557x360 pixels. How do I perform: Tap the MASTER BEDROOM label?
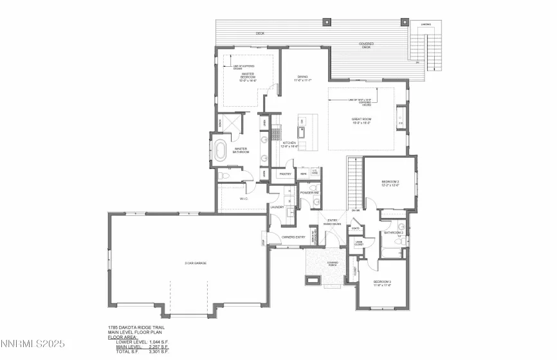[x=248, y=78]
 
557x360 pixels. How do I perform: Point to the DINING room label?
[x=302, y=78]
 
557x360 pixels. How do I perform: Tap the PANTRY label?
[x=286, y=174]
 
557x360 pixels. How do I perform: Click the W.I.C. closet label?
[x=244, y=199]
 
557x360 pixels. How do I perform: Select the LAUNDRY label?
[x=277, y=207]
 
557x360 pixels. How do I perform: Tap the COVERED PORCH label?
[x=332, y=263]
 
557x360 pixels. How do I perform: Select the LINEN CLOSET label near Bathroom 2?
[x=359, y=244]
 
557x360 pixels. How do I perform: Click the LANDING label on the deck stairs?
[x=425, y=24]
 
